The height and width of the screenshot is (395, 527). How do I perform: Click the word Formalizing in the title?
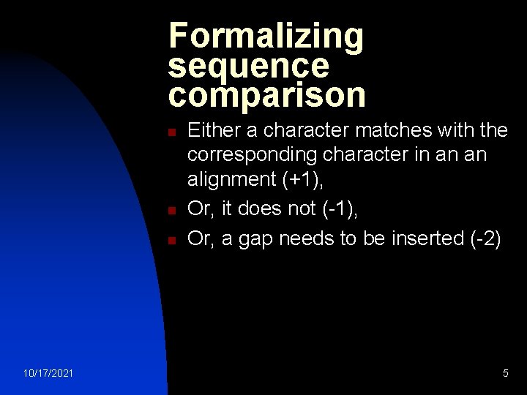265,37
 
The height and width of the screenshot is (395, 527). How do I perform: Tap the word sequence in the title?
249,66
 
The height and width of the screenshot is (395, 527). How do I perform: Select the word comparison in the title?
266,95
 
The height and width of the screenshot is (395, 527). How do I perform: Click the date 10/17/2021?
48,374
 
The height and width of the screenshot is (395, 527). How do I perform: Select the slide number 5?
505,374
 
